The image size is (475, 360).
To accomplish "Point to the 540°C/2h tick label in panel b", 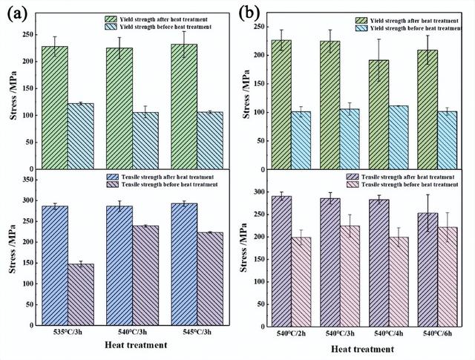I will point(292,333).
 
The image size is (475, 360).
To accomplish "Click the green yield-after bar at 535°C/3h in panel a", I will point(55,108).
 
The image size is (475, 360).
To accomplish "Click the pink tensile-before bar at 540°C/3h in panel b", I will point(355,275).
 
